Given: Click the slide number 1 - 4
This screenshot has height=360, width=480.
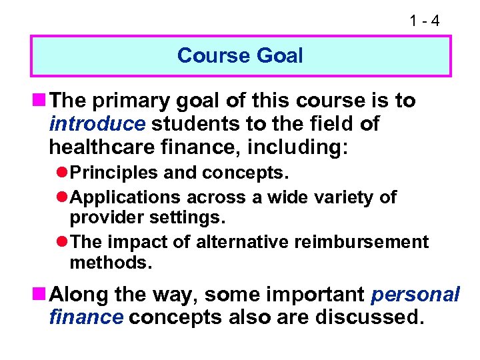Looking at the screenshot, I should click(x=424, y=21).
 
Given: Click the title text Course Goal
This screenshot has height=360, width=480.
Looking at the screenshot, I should click(x=240, y=55).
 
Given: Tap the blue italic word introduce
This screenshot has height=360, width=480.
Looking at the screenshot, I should click(x=97, y=124).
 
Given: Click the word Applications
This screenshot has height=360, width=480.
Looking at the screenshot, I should click(x=125, y=197).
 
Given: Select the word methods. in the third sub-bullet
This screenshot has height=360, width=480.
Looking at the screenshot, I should click(x=111, y=263).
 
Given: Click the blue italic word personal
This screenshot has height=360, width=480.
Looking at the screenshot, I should click(x=415, y=294).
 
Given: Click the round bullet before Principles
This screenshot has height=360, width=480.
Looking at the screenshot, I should click(x=63, y=173).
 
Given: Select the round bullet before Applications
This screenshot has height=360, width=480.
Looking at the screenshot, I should click(x=63, y=197).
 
